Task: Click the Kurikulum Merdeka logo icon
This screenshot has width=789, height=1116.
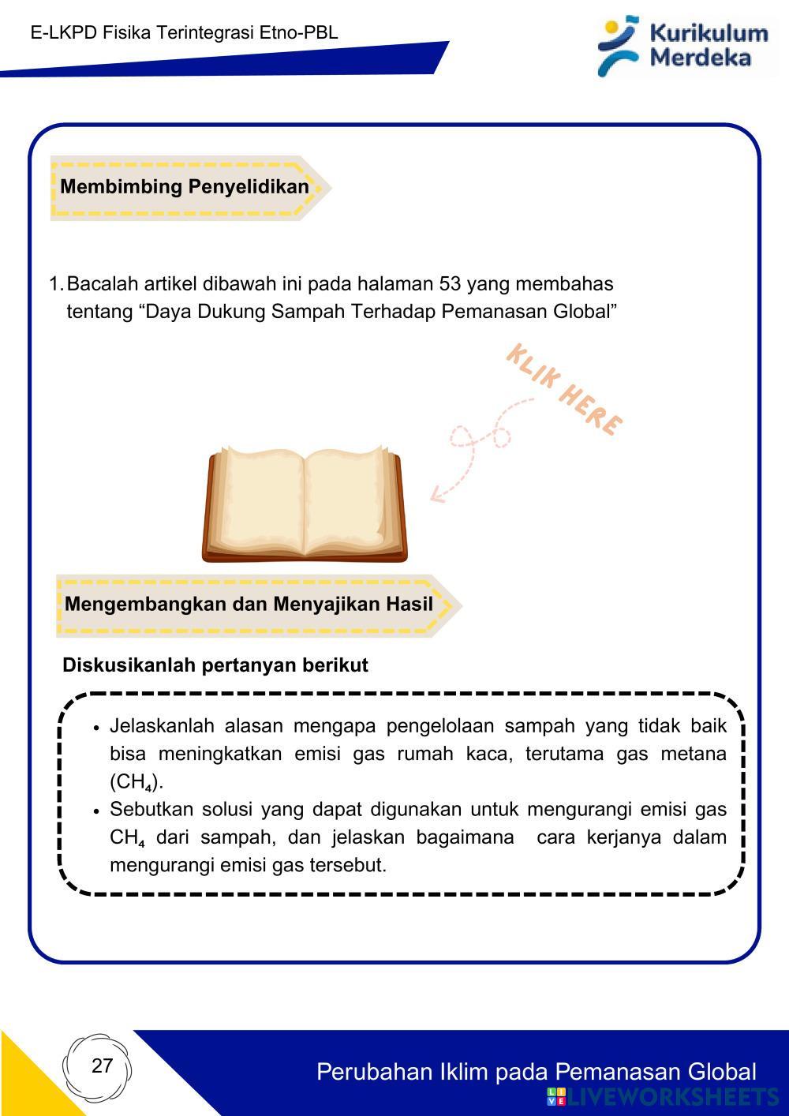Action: pyautogui.click(x=618, y=45)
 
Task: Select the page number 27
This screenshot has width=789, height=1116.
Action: pyautogui.click(x=102, y=1065)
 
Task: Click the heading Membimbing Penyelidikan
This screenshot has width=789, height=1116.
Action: pyautogui.click(x=184, y=187)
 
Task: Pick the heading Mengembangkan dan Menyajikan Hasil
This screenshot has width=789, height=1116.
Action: pyautogui.click(x=249, y=605)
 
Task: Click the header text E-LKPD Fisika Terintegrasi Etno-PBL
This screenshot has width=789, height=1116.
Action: pyautogui.click(x=184, y=32)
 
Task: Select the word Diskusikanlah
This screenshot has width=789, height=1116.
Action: pyautogui.click(x=129, y=665)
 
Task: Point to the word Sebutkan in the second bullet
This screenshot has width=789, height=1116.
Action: pyautogui.click(x=148, y=809)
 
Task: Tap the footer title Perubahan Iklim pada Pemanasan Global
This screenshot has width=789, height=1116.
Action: pyautogui.click(x=536, y=1072)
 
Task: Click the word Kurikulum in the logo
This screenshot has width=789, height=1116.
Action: pyautogui.click(x=709, y=33)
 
